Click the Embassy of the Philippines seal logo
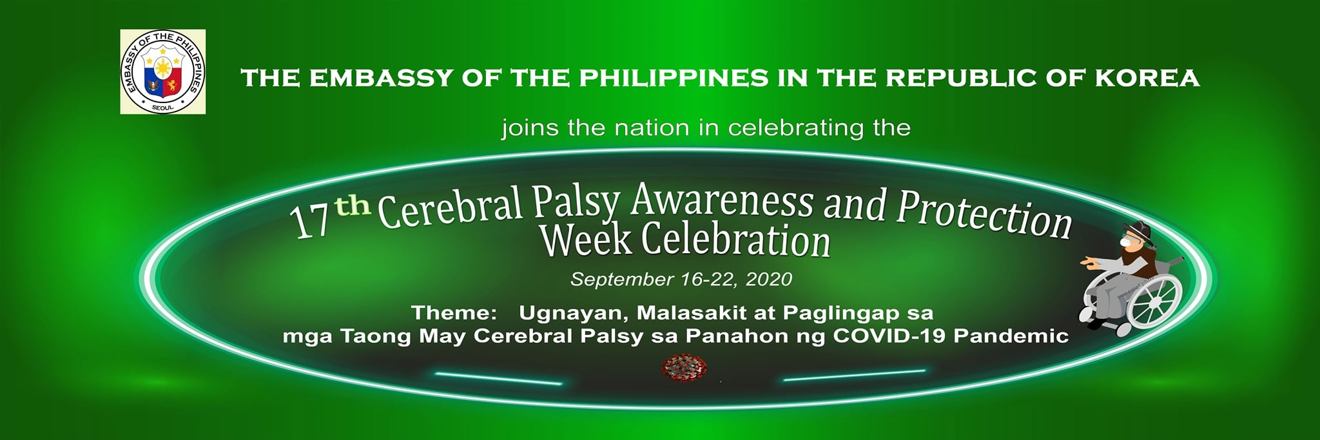(163, 72)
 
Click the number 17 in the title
(311, 220)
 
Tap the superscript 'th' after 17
(354, 206)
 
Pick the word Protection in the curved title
(984, 215)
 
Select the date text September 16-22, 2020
(681, 280)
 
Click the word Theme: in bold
(454, 313)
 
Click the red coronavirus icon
(684, 368)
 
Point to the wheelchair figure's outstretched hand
(1087, 262)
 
